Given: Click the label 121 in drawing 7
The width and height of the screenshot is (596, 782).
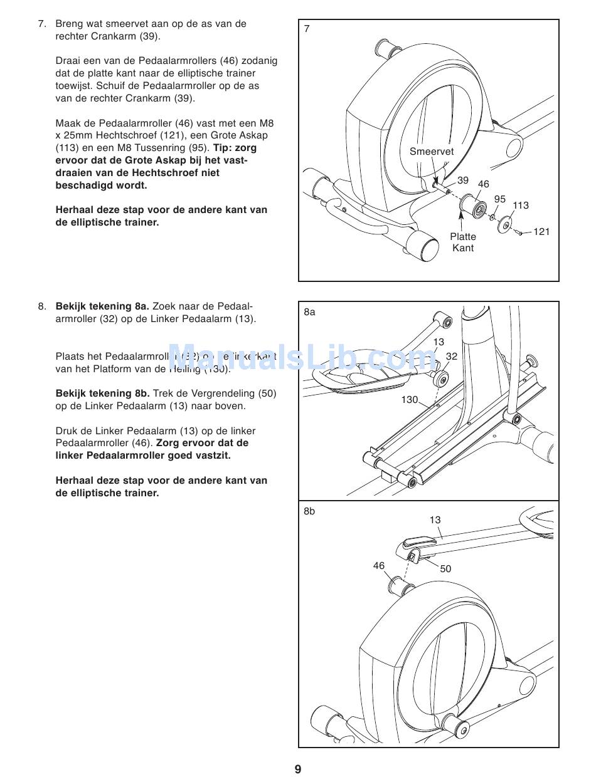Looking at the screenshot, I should pos(541,232).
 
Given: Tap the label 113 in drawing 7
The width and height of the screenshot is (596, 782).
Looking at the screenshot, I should pos(521,206).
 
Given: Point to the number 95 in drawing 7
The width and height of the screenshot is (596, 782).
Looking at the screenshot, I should pos(499,199).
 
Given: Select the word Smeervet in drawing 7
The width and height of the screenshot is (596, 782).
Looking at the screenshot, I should pos(432,152).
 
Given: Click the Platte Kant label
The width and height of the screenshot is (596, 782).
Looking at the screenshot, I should pos(463,242).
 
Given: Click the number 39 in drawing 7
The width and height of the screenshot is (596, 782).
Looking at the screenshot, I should pos(463,180).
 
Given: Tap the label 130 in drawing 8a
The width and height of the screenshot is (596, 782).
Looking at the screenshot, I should pos(410,399).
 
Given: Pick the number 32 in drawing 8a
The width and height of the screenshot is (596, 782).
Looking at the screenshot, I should pos(452,356).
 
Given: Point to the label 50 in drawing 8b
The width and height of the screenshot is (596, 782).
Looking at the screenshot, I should pos(445,569).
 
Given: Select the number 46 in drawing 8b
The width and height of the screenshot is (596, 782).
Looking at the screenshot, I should pos(379,566).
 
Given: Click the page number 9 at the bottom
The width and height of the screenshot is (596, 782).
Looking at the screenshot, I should pos(298,769).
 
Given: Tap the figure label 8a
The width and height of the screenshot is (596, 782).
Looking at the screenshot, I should pos(309,311).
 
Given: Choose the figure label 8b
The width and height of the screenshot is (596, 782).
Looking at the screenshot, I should pos(309,511).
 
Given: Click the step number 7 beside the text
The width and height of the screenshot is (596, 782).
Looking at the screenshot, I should pos(42,24).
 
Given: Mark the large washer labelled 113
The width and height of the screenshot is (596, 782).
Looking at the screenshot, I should pos(504,225).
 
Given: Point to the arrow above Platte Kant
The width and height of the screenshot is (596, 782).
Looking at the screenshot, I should pos(462,221).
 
